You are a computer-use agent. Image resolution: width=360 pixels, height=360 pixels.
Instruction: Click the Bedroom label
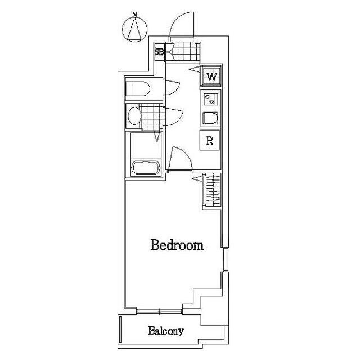coord(177,245)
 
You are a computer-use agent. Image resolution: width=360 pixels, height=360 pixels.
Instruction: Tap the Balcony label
coord(166,331)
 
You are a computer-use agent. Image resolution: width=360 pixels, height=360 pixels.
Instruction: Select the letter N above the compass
coord(134,15)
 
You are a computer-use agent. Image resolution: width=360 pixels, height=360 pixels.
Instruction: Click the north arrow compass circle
coord(134,29)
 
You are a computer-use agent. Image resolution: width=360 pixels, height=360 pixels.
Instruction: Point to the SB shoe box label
coord(159,52)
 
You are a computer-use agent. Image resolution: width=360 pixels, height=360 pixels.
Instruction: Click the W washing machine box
coord(211,76)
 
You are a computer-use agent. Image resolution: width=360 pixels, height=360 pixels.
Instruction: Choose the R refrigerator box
coord(210,140)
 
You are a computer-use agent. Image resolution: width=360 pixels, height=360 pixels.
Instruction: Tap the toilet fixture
coord(137,89)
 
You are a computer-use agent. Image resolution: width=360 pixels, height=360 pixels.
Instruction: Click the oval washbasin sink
coord(134,116)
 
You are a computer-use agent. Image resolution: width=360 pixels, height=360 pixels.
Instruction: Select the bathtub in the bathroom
coord(145,168)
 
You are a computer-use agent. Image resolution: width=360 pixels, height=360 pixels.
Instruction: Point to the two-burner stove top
coord(211,100)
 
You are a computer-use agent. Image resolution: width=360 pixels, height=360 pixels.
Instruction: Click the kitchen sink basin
coord(210,118)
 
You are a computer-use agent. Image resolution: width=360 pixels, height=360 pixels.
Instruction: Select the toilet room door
coord(172,88)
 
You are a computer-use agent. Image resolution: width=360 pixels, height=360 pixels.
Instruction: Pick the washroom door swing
coord(174,117)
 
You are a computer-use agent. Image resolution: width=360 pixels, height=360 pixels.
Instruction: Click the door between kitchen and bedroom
coord(180,159)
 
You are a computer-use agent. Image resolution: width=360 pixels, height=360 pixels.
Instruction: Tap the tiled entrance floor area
coord(183,51)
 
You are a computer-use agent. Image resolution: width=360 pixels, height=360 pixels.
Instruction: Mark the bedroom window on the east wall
coord(226,259)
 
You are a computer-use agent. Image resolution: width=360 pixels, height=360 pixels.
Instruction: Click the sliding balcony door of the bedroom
coord(160,311)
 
